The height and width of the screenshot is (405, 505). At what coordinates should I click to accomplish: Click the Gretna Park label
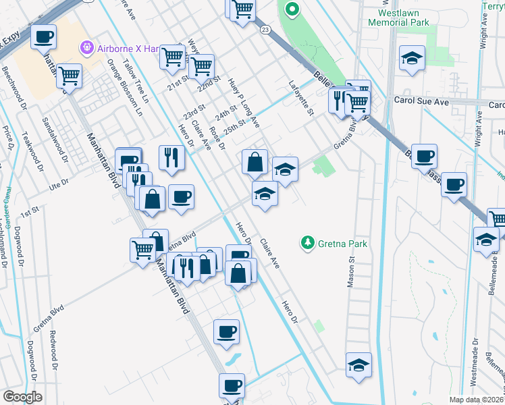tap(343, 243)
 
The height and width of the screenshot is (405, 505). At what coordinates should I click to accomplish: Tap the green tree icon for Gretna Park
tap(308, 242)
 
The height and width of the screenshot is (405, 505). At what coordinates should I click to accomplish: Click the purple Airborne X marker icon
tap(86, 47)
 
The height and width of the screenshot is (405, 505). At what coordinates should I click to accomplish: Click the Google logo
tap(22, 397)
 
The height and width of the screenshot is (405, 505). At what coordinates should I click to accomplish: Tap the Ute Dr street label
tap(59, 182)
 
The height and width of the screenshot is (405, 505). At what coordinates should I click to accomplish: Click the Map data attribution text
tap(477, 400)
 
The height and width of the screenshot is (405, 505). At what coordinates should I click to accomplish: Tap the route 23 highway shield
tap(265, 30)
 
